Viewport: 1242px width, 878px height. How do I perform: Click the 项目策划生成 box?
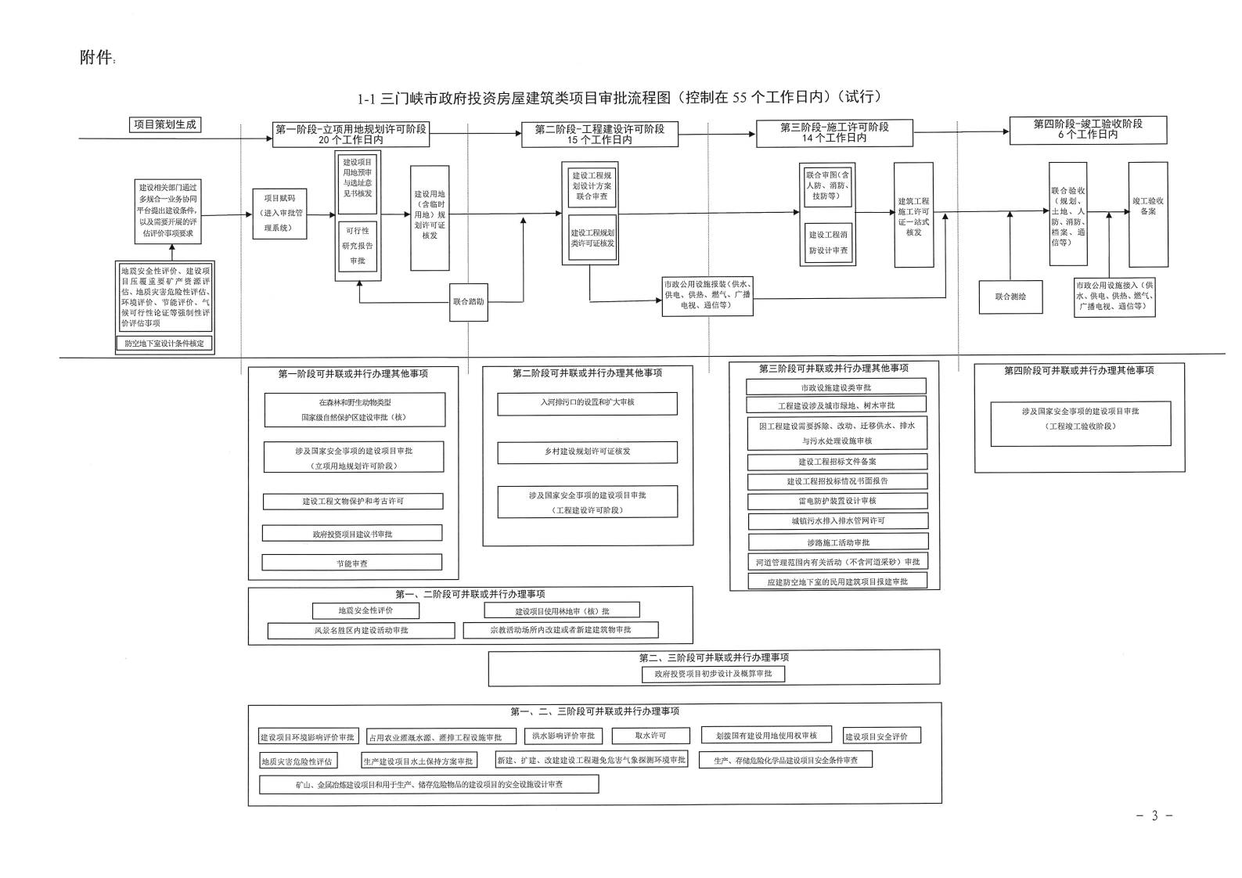pyautogui.click(x=164, y=124)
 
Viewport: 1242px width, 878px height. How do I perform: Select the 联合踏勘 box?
pyautogui.click(x=468, y=301)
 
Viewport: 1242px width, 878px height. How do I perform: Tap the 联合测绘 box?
pyautogui.click(x=1010, y=297)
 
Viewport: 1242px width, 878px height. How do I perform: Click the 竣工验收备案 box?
pyautogui.click(x=1147, y=214)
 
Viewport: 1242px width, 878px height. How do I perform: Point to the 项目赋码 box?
pyautogui.click(x=279, y=214)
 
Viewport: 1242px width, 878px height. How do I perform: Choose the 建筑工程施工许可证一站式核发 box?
pyautogui.click(x=913, y=215)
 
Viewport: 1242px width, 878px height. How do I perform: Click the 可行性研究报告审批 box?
pyautogui.click(x=358, y=246)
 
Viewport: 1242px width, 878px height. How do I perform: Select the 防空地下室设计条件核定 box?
pyautogui.click(x=164, y=344)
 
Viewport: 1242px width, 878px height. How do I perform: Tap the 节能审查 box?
pyautogui.click(x=351, y=563)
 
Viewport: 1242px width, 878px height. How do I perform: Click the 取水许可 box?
pyautogui.click(x=650, y=736)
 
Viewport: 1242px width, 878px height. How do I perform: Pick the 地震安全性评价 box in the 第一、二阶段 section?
pyautogui.click(x=365, y=610)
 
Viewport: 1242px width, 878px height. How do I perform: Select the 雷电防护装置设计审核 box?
pyautogui.click(x=837, y=501)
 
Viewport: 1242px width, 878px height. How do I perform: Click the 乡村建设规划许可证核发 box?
pyautogui.click(x=587, y=452)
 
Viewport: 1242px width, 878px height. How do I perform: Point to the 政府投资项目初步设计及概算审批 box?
pyautogui.click(x=713, y=674)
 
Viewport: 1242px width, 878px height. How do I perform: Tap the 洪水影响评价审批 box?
pyautogui.click(x=563, y=736)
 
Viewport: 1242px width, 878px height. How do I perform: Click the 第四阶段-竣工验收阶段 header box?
pyautogui.click(x=1088, y=130)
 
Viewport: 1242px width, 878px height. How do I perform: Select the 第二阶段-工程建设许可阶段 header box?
pyautogui.click(x=599, y=134)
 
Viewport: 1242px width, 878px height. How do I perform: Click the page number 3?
pyautogui.click(x=1154, y=816)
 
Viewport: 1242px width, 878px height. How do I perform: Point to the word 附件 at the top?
pyautogui.click(x=97, y=58)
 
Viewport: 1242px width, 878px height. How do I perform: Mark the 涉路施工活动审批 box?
pyautogui.click(x=838, y=542)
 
